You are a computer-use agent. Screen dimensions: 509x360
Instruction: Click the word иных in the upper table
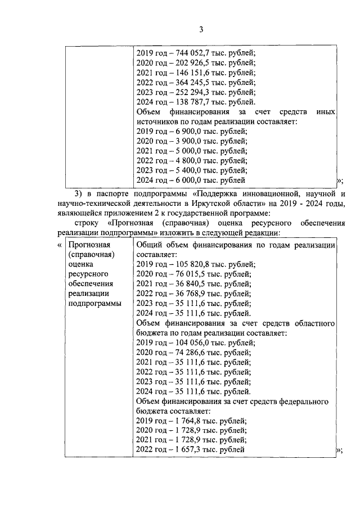[x=325, y=112]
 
